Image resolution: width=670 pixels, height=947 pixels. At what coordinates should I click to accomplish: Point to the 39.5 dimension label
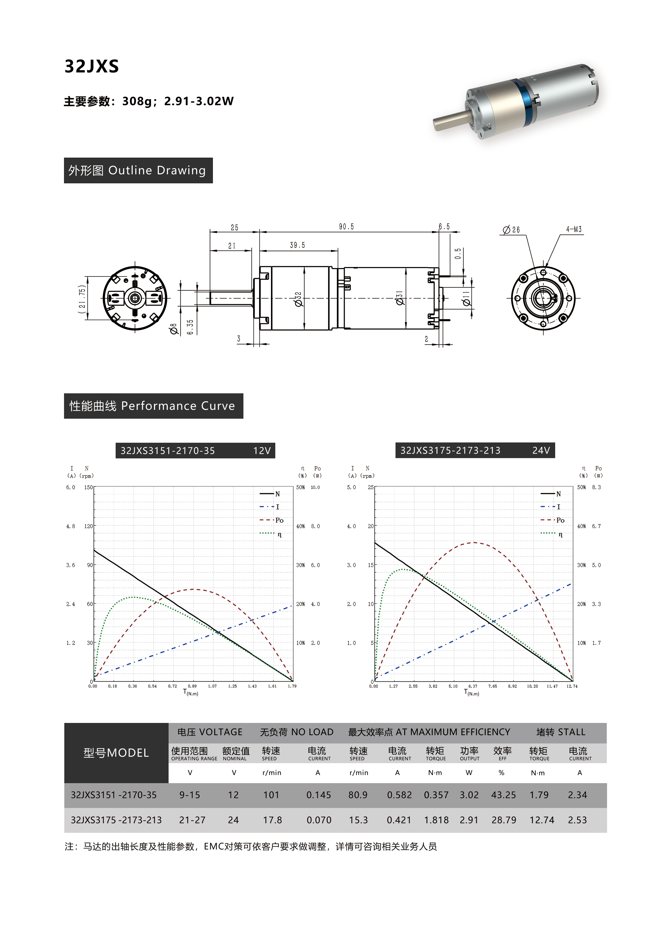pos(297,245)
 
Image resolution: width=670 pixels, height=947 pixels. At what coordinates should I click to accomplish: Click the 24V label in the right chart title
pos(541,450)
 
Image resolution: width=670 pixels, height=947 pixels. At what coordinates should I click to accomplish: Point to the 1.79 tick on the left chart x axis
pos(292,686)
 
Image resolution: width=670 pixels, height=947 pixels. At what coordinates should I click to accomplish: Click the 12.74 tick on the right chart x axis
pos(572,686)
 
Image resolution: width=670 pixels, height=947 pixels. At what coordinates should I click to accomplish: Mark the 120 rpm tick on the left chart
pos(88,526)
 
